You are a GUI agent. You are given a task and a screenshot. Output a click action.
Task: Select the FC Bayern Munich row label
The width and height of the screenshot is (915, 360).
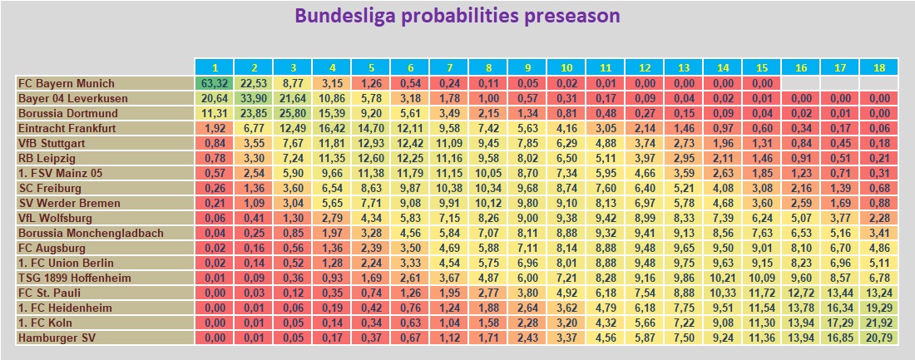click(x=67, y=83)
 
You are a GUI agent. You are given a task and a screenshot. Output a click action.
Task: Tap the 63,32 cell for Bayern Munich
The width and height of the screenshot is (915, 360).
click(x=214, y=83)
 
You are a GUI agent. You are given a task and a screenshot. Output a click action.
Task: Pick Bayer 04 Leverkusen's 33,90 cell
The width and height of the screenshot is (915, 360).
click(x=253, y=98)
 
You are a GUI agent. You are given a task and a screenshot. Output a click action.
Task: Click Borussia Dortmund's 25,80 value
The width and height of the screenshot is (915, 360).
click(x=292, y=113)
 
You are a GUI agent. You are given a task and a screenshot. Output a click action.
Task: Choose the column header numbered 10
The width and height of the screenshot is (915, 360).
click(x=566, y=67)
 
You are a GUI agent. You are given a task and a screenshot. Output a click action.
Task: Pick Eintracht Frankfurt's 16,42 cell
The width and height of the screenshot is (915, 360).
click(x=331, y=128)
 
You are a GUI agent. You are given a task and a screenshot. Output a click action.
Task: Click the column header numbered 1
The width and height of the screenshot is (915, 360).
click(x=214, y=67)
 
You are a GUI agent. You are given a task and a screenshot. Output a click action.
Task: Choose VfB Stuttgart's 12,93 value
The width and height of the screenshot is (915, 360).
click(x=370, y=143)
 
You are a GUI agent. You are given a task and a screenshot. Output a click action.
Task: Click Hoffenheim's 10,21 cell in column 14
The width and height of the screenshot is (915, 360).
click(x=722, y=278)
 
